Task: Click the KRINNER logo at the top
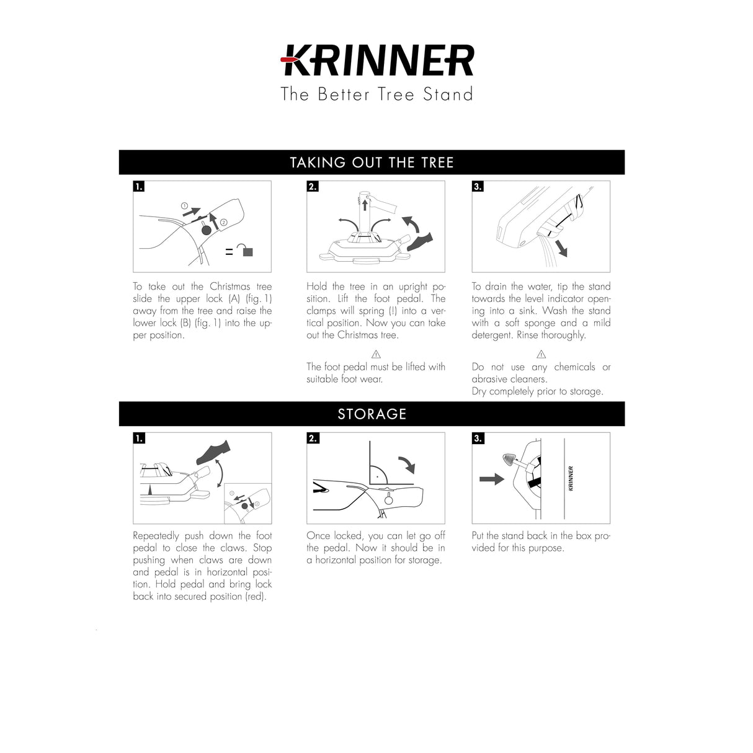pos(377,60)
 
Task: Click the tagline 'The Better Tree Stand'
pos(377,94)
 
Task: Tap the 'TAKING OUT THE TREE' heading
pos(372,163)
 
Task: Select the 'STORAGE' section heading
pos(372,414)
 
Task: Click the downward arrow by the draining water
pos(561,248)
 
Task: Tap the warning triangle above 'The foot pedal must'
pos(376,354)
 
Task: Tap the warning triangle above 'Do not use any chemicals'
pos(541,354)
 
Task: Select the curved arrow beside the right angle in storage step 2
pos(407,464)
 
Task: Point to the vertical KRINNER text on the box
pos(571,478)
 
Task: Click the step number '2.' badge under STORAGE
pos(313,438)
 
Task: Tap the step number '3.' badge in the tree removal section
pos(478,186)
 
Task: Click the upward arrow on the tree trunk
pos(365,205)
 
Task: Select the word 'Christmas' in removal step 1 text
pos(229,287)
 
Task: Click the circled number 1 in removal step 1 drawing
pos(184,205)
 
